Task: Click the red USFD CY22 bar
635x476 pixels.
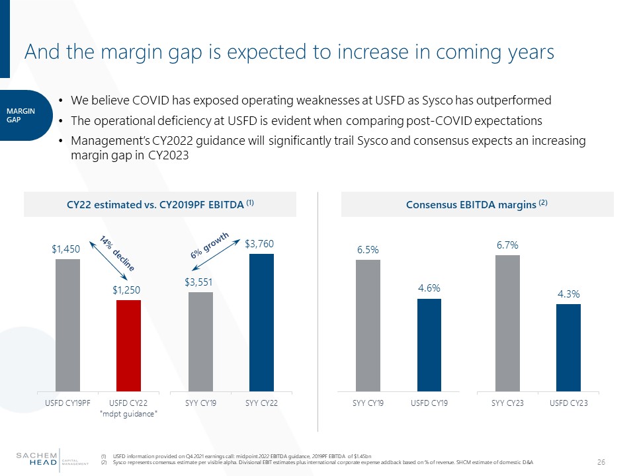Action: click(x=128, y=345)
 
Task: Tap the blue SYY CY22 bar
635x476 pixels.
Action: click(x=261, y=322)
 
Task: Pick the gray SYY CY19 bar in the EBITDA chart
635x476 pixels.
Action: click(x=200, y=341)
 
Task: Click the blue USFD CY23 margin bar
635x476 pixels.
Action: click(x=568, y=347)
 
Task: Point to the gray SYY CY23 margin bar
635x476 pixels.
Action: click(x=507, y=323)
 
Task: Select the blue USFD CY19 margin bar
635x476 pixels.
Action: click(x=429, y=344)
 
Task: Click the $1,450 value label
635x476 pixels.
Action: click(x=66, y=249)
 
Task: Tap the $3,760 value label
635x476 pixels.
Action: click(x=259, y=244)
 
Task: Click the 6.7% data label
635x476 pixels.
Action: click(x=507, y=245)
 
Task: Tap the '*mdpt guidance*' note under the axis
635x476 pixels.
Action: click(x=128, y=413)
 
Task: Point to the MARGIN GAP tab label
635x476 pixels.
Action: click(x=24, y=115)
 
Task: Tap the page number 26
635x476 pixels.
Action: click(x=601, y=461)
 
